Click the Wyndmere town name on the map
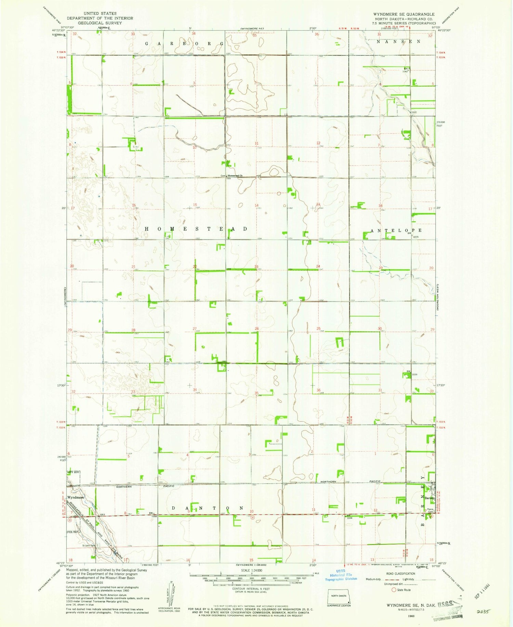point(75,497)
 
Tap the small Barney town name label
point(429,498)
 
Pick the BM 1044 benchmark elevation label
point(349,517)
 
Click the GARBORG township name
point(185,44)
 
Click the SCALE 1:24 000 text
point(251,571)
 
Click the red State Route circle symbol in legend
point(394,590)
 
